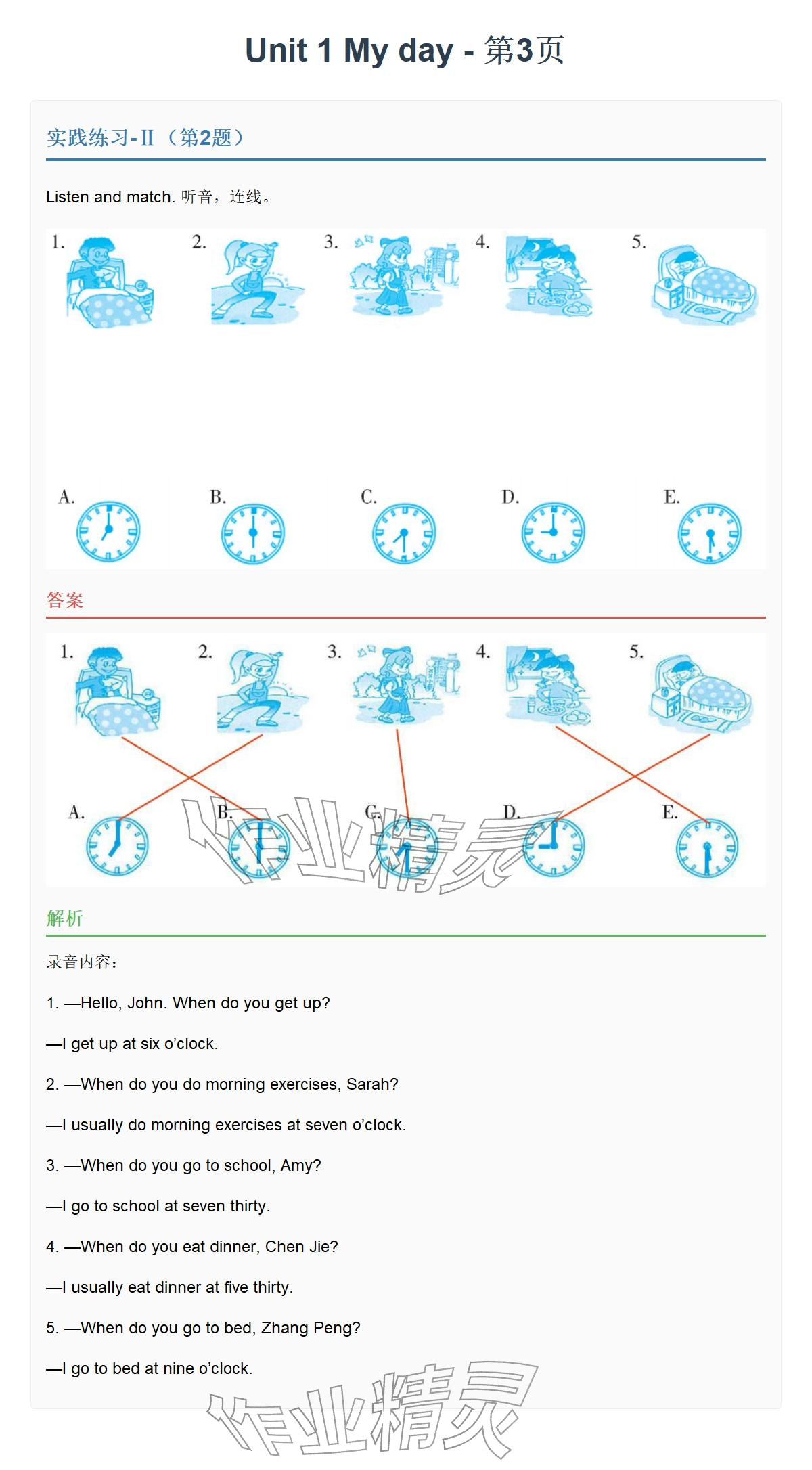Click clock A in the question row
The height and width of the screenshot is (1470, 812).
tap(108, 532)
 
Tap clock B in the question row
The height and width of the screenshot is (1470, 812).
tap(253, 533)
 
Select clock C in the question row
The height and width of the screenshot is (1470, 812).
tap(404, 533)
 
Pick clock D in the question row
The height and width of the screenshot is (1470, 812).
tap(553, 532)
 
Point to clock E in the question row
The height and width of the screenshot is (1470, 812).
tap(710, 533)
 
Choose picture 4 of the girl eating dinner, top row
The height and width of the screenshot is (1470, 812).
tap(549, 276)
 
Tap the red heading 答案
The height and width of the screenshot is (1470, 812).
tap(65, 600)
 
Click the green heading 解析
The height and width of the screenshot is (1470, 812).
tap(65, 918)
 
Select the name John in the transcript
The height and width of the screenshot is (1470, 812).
tap(145, 1003)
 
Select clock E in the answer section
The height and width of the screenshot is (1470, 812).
tap(707, 848)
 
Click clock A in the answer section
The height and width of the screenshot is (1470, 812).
tap(117, 846)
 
